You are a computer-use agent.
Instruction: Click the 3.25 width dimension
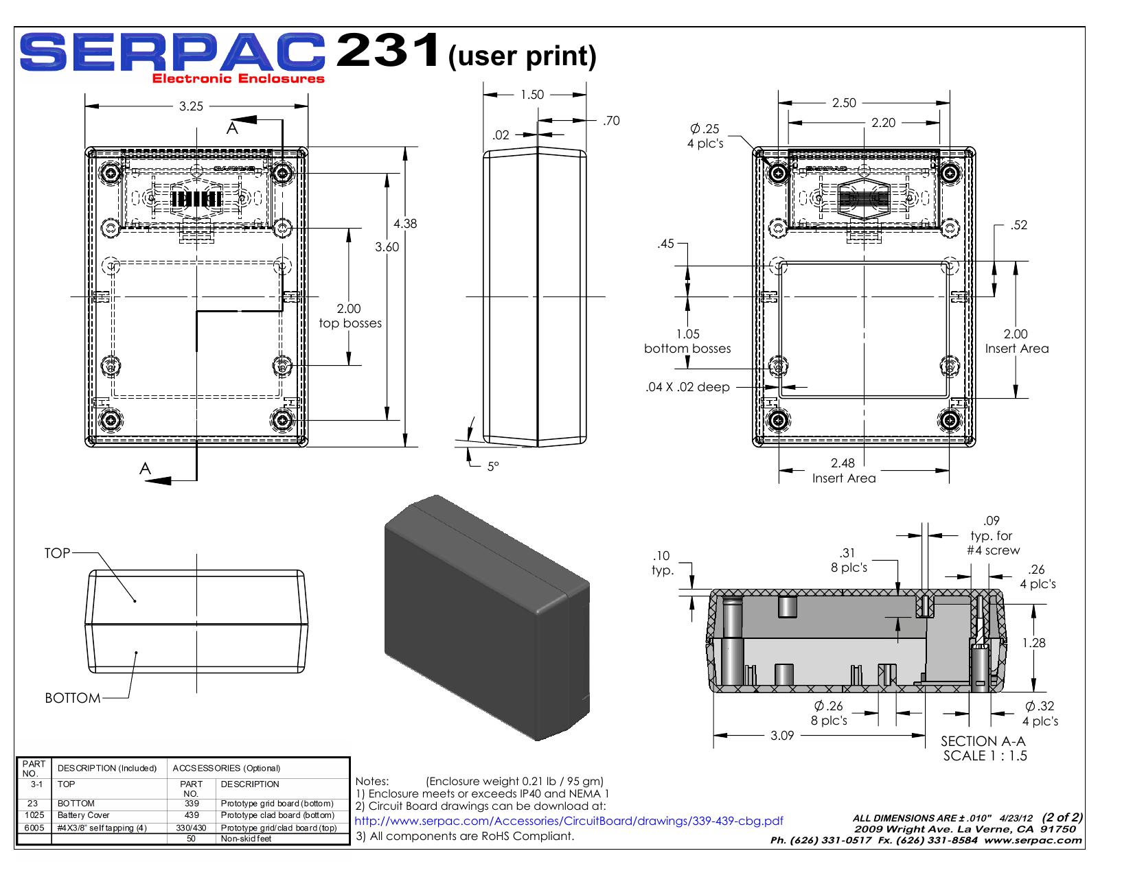click(x=191, y=106)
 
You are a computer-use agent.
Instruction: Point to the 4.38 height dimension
click(x=405, y=224)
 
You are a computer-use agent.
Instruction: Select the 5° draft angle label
click(x=493, y=467)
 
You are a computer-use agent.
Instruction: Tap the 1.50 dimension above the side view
click(x=532, y=95)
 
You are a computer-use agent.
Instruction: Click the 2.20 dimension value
click(x=883, y=123)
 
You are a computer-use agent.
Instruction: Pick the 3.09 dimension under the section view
click(x=782, y=735)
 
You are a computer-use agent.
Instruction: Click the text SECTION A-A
click(x=983, y=741)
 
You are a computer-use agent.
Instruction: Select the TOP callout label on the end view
click(x=57, y=553)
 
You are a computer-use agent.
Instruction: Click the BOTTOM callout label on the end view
click(x=73, y=698)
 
